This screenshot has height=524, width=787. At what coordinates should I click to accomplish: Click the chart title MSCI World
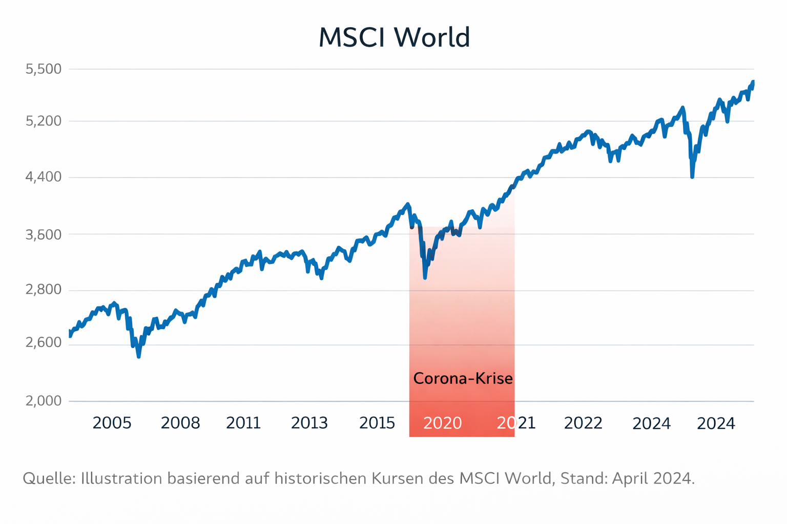[393, 38]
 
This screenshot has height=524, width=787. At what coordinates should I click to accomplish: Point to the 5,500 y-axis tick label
[43, 69]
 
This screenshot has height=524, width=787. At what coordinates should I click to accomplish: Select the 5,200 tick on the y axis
[43, 121]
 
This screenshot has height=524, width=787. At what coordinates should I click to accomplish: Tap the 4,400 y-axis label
[43, 177]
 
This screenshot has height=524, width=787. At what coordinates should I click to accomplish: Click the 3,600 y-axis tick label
[43, 235]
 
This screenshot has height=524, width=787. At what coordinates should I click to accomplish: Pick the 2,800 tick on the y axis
[43, 290]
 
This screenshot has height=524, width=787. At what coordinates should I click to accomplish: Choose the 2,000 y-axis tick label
[43, 401]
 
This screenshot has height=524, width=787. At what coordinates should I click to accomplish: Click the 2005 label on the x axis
[112, 423]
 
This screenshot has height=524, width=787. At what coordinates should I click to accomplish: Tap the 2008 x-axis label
[180, 423]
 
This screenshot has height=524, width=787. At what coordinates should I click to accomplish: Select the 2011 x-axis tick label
[243, 423]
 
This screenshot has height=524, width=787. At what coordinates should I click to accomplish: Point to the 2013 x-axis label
[309, 423]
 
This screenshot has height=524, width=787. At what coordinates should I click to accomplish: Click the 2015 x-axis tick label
[377, 423]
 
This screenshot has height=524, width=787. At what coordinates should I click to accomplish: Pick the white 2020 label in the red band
[443, 423]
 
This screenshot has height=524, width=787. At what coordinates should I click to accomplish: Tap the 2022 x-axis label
[583, 423]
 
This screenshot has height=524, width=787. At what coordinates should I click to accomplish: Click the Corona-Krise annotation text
[463, 379]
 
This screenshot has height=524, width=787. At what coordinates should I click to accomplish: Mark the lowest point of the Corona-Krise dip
[425, 277]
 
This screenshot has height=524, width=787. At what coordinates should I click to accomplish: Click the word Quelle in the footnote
[49, 478]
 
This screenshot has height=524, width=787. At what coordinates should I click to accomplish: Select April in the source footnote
[630, 478]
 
